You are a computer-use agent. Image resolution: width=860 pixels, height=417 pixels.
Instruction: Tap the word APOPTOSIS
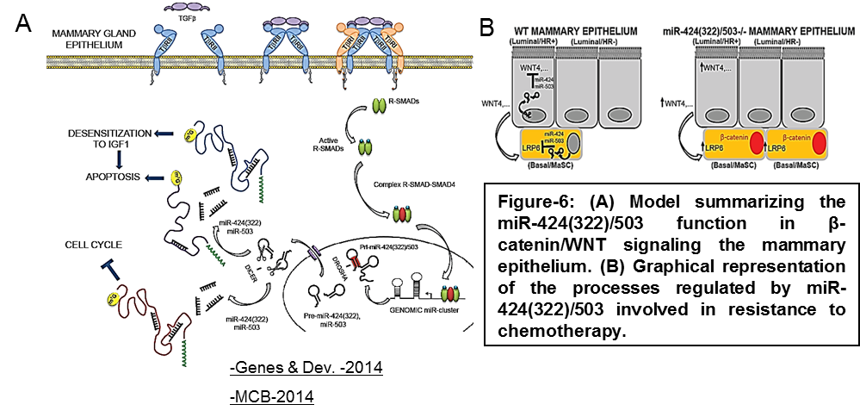point(101,178)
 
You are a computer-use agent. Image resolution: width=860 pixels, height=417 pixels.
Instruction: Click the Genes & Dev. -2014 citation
point(306,370)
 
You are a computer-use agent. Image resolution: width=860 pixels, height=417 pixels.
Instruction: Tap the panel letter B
point(487,28)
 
